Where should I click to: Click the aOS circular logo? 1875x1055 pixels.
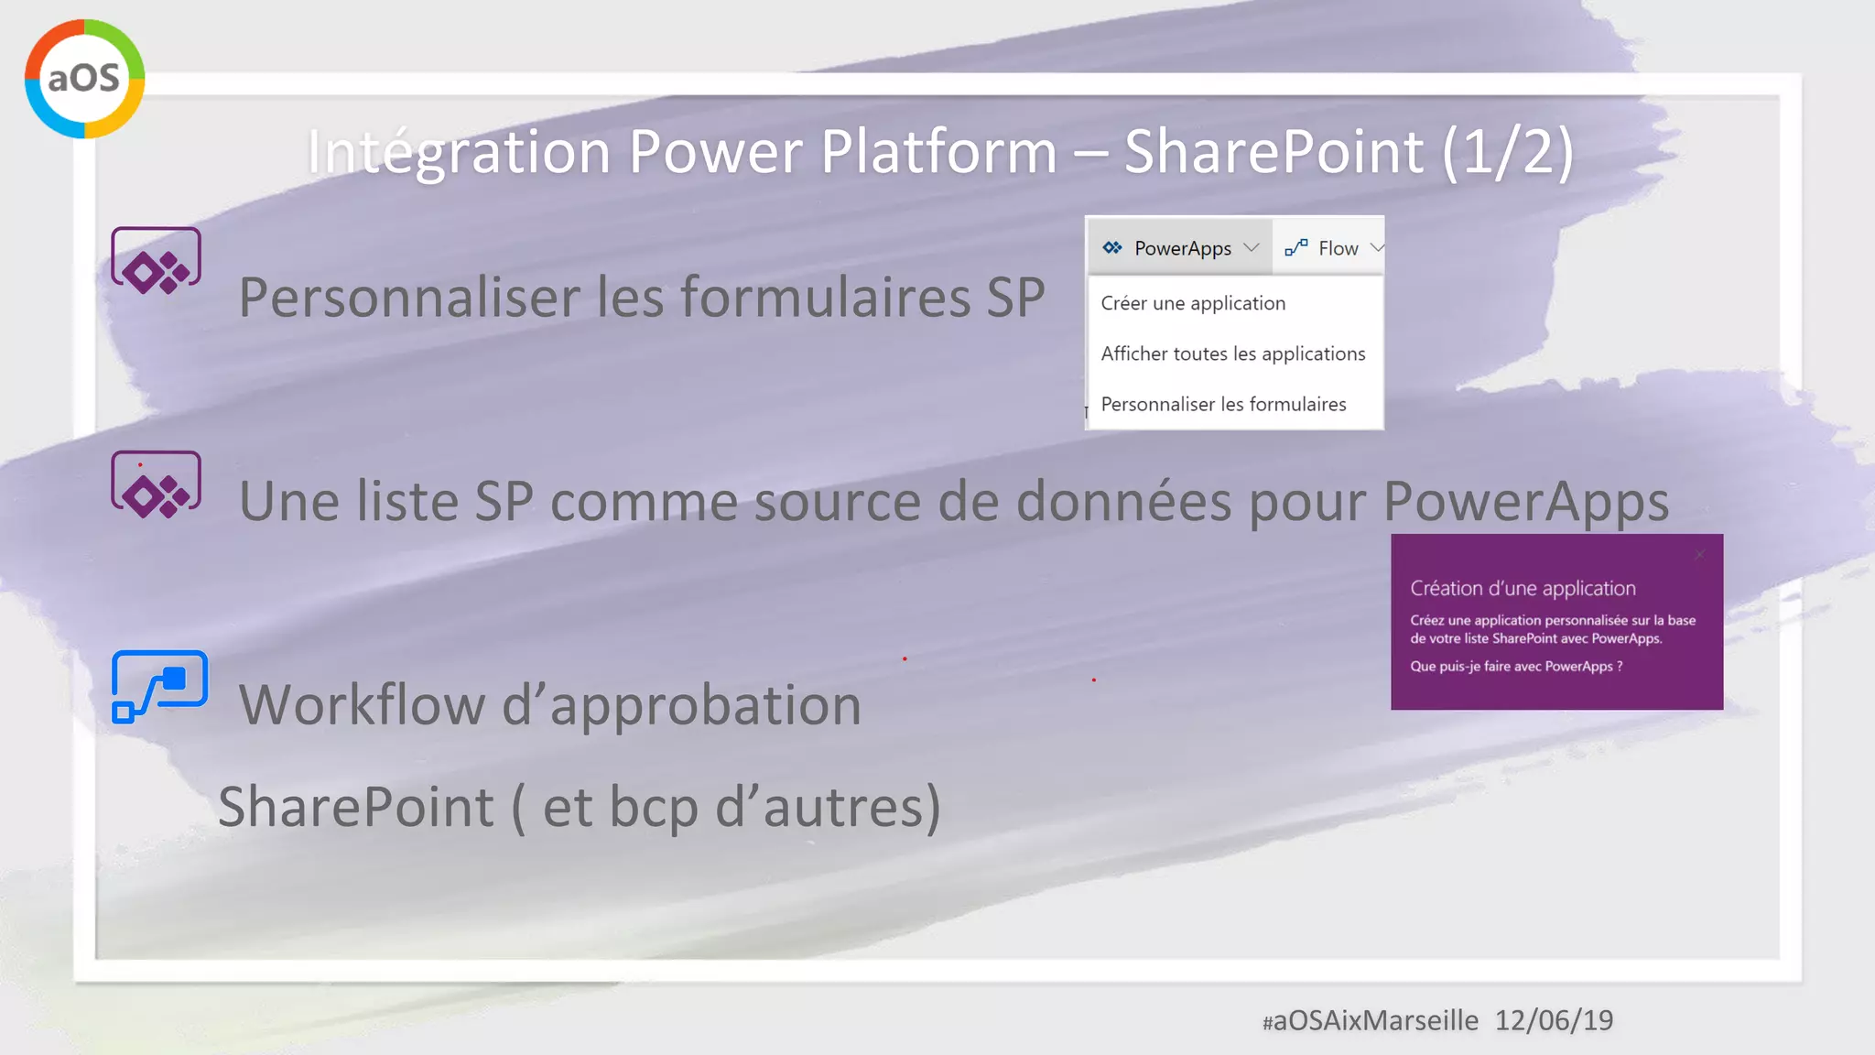tap(84, 79)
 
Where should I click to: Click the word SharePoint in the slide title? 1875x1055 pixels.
tap(1273, 151)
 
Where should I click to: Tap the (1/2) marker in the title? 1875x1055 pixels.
tap(1508, 151)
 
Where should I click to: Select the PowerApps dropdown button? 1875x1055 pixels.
tap(1181, 248)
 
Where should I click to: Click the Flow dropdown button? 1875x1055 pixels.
tap(1333, 248)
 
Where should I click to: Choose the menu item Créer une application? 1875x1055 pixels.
tap(1193, 303)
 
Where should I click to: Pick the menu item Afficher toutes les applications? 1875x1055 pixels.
tap(1232, 353)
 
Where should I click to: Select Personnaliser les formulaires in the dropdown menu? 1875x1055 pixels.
tap(1223, 404)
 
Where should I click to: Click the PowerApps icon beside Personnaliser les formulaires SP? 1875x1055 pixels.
tap(156, 261)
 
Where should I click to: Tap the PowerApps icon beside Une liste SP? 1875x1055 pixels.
tap(156, 484)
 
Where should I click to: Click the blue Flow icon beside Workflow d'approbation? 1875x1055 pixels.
tap(159, 686)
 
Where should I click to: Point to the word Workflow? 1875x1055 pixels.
tap(362, 705)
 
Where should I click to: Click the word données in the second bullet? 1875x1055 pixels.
tap(1124, 501)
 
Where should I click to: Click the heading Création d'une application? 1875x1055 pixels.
tap(1523, 588)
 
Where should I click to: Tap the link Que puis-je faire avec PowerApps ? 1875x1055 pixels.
tap(1516, 667)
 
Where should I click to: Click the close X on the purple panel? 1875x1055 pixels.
tap(1699, 555)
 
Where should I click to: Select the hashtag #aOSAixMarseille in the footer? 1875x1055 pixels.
tap(1370, 1020)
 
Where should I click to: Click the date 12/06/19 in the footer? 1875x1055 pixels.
tap(1554, 1020)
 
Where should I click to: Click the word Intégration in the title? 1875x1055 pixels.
tap(458, 151)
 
